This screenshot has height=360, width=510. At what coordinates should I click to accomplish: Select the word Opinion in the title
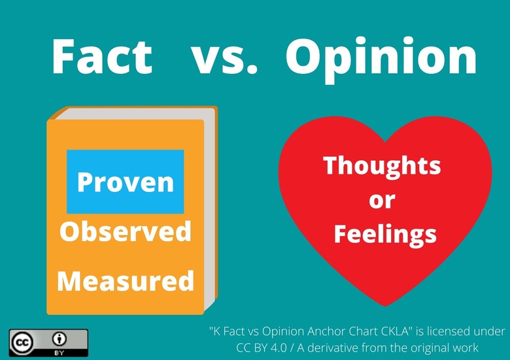click(x=381, y=57)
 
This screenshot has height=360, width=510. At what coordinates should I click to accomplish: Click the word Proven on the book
click(x=126, y=182)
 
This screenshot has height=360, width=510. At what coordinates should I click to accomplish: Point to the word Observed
click(x=126, y=231)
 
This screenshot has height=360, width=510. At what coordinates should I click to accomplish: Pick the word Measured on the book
click(x=126, y=280)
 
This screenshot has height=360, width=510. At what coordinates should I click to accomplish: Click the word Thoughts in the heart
click(x=382, y=166)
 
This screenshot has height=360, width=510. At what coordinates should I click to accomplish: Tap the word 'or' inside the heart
click(x=382, y=199)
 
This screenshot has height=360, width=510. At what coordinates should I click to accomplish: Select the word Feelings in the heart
click(x=382, y=233)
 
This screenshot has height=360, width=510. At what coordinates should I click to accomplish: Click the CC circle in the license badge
click(x=24, y=341)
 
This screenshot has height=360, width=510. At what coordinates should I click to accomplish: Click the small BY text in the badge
click(x=59, y=353)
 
